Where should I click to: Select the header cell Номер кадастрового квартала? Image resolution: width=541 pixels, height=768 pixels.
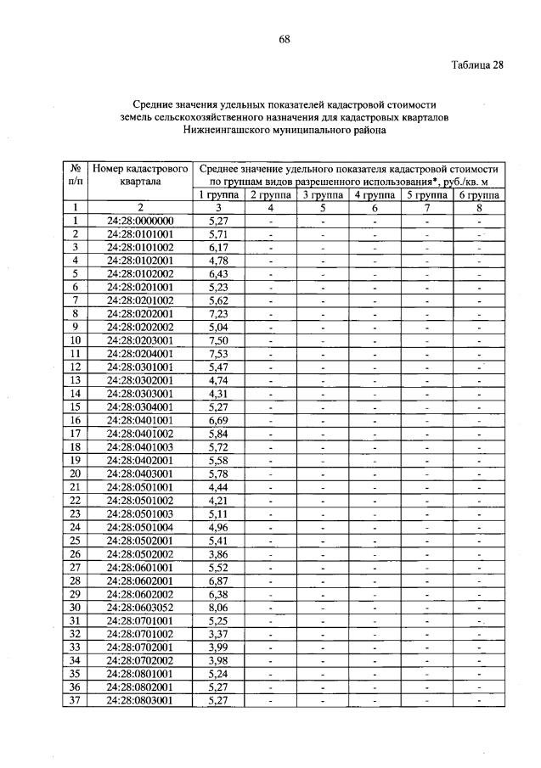pos(140,174)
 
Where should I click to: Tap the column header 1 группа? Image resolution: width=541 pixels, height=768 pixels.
pos(218,194)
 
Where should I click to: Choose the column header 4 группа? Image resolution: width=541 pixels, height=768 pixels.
pos(375,194)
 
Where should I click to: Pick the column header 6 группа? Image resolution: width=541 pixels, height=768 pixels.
pos(479,194)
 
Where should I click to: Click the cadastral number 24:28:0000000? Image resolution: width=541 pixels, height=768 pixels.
pos(140,221)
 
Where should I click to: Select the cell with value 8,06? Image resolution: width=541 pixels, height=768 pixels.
pos(218,607)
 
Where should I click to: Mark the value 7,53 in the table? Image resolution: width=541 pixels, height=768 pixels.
pos(218,353)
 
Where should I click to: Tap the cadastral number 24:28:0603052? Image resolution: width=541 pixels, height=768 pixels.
pos(140,607)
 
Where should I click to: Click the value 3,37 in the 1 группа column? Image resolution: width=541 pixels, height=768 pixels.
pos(218,633)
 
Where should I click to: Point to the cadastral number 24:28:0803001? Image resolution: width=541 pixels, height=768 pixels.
pos(140,700)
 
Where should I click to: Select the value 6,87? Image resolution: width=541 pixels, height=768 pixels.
pos(218,580)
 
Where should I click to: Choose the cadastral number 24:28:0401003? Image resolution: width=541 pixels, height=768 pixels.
pos(140,446)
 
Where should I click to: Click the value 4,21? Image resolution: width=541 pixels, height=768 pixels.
pos(218,500)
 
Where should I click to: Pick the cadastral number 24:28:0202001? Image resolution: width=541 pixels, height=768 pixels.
pos(140,313)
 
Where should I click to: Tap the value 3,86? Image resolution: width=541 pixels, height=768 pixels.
pos(218,553)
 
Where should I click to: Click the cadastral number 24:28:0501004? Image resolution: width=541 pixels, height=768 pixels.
pos(140,527)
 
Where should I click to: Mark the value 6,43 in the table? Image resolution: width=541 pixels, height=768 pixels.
pos(218,273)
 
